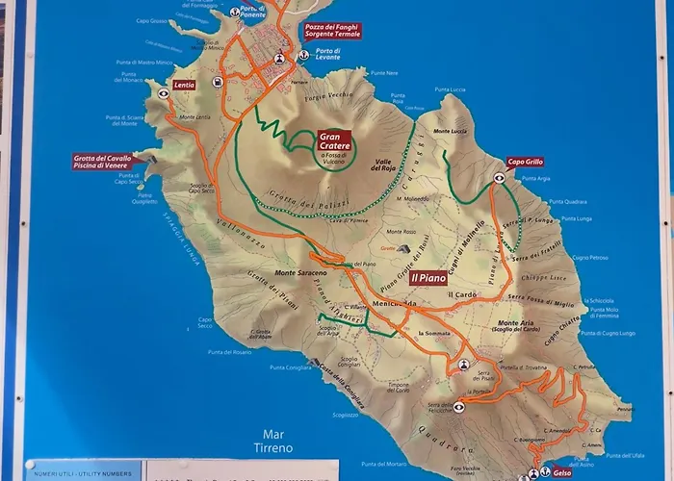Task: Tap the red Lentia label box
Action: coord(185,85)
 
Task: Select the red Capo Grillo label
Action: coord(524,162)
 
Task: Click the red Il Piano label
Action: coord(428,277)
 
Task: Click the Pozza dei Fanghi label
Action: coord(332,31)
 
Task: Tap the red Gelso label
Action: coord(562,473)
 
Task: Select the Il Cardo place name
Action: coord(462,294)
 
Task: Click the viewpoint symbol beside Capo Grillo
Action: coord(499,177)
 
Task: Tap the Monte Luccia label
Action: coord(450,131)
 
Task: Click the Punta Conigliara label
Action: coord(289,367)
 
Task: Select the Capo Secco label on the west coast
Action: coord(205,323)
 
